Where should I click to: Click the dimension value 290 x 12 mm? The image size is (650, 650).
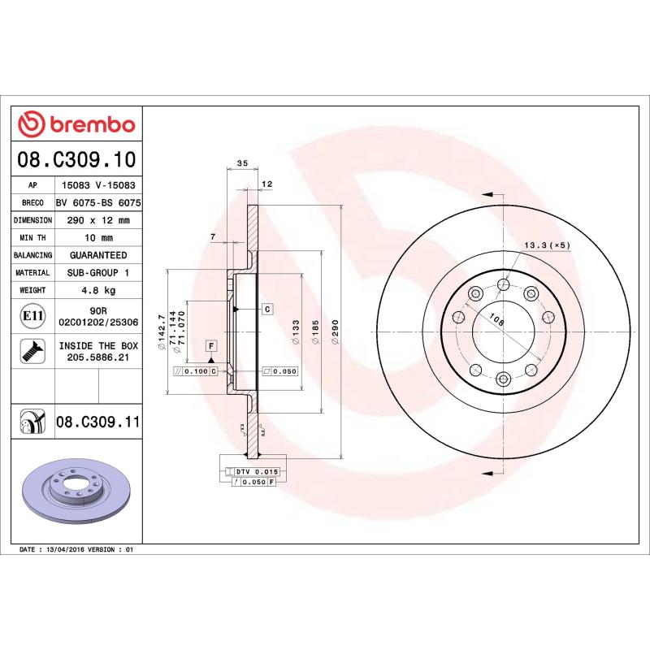tap(98, 220)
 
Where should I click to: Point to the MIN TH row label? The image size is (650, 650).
tap(33, 238)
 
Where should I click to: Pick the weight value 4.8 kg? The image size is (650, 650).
tap(98, 290)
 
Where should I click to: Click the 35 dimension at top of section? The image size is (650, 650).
tap(241, 164)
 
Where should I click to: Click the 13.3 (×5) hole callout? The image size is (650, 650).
tap(548, 245)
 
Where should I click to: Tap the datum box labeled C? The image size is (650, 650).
tap(266, 310)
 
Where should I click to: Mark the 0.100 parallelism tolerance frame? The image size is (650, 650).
tap(196, 371)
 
